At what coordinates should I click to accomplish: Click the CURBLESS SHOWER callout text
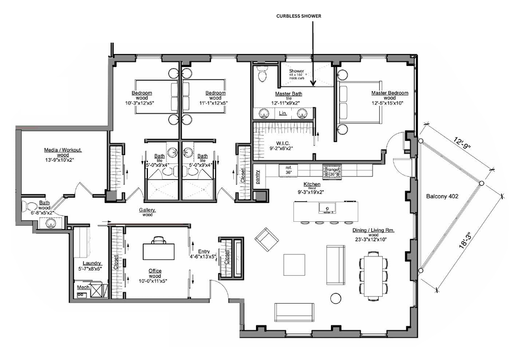click(x=299, y=16)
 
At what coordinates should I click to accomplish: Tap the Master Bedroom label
click(x=390, y=93)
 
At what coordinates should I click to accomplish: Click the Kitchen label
click(x=311, y=185)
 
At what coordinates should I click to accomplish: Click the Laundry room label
click(x=92, y=263)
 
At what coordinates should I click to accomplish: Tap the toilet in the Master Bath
click(x=262, y=73)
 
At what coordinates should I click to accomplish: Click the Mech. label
click(x=82, y=288)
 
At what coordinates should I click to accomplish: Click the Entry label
click(x=204, y=251)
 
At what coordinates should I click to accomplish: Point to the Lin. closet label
click(x=283, y=114)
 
